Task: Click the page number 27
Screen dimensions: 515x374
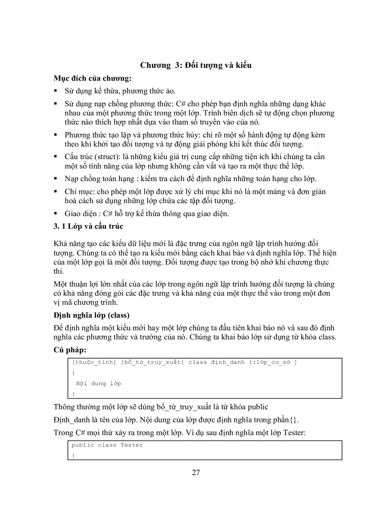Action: [196, 473]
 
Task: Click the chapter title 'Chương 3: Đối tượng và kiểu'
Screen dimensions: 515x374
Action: [196, 65]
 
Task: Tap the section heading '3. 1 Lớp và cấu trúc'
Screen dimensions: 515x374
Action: [88, 226]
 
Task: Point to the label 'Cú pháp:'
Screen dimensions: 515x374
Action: [70, 349]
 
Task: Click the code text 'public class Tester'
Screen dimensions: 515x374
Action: [107, 445]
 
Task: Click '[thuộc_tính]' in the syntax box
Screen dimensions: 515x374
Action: [94, 362]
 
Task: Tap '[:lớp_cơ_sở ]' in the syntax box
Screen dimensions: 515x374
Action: [273, 362]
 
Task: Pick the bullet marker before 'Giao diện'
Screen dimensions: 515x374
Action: [55, 213]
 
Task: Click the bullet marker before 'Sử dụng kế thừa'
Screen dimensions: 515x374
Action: [55, 91]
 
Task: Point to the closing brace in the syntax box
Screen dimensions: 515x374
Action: [73, 394]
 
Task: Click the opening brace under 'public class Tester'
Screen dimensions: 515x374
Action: [73, 455]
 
